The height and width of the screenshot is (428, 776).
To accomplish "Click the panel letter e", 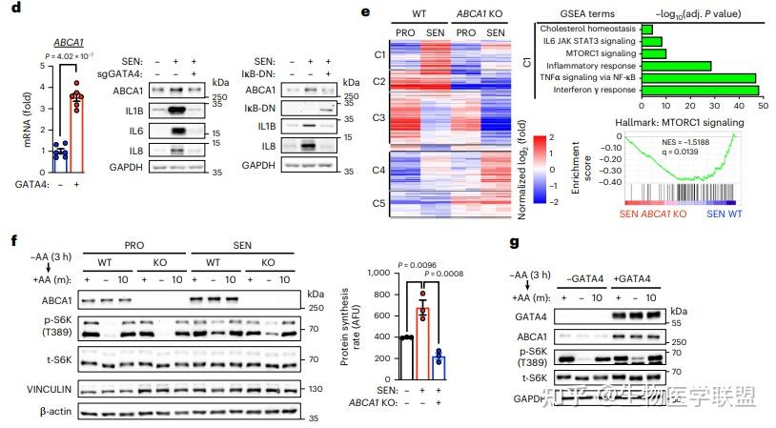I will click(365, 10).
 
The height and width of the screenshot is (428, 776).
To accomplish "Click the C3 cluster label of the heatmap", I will click(379, 117).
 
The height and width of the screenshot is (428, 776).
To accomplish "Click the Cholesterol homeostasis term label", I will click(584, 29).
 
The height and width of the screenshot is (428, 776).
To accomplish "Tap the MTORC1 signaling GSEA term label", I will click(597, 53).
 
